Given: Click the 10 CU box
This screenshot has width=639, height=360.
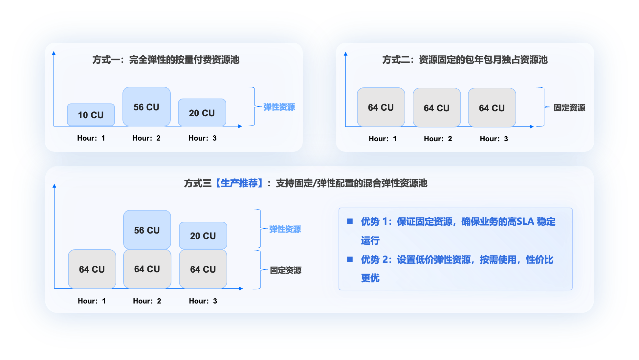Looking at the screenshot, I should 91,115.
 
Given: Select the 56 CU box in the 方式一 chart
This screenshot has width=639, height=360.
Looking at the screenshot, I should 146,107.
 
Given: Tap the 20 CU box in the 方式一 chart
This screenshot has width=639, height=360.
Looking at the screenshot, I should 202,113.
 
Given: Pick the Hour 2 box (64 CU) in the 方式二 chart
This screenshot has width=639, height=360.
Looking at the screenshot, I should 437,108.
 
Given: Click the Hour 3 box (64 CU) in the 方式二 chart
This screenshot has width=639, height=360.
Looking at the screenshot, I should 492,108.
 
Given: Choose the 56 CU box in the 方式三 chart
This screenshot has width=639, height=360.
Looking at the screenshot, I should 147,230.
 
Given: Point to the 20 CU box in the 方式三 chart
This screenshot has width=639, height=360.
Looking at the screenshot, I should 203,236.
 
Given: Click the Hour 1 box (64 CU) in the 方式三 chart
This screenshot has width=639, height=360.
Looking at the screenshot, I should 92,269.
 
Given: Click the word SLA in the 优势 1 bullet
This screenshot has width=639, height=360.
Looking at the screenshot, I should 525,222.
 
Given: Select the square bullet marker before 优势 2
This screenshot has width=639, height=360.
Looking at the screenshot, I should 350,259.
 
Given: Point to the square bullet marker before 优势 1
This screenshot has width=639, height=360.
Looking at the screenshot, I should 350,221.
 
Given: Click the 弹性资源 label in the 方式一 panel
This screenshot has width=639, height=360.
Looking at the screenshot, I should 279,107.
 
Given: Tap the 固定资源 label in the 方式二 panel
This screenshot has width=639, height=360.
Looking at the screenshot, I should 569,108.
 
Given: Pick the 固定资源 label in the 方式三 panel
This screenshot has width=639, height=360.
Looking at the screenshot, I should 286,270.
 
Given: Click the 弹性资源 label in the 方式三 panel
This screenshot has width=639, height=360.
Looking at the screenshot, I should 285,229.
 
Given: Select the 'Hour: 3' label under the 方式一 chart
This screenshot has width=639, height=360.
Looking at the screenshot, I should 203,138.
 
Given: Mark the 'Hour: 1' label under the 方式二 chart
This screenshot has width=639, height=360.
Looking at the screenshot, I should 383,139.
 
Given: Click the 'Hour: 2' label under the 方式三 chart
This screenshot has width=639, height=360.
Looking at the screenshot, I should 147,301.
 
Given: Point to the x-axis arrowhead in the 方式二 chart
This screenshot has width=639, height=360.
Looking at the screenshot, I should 532,126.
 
